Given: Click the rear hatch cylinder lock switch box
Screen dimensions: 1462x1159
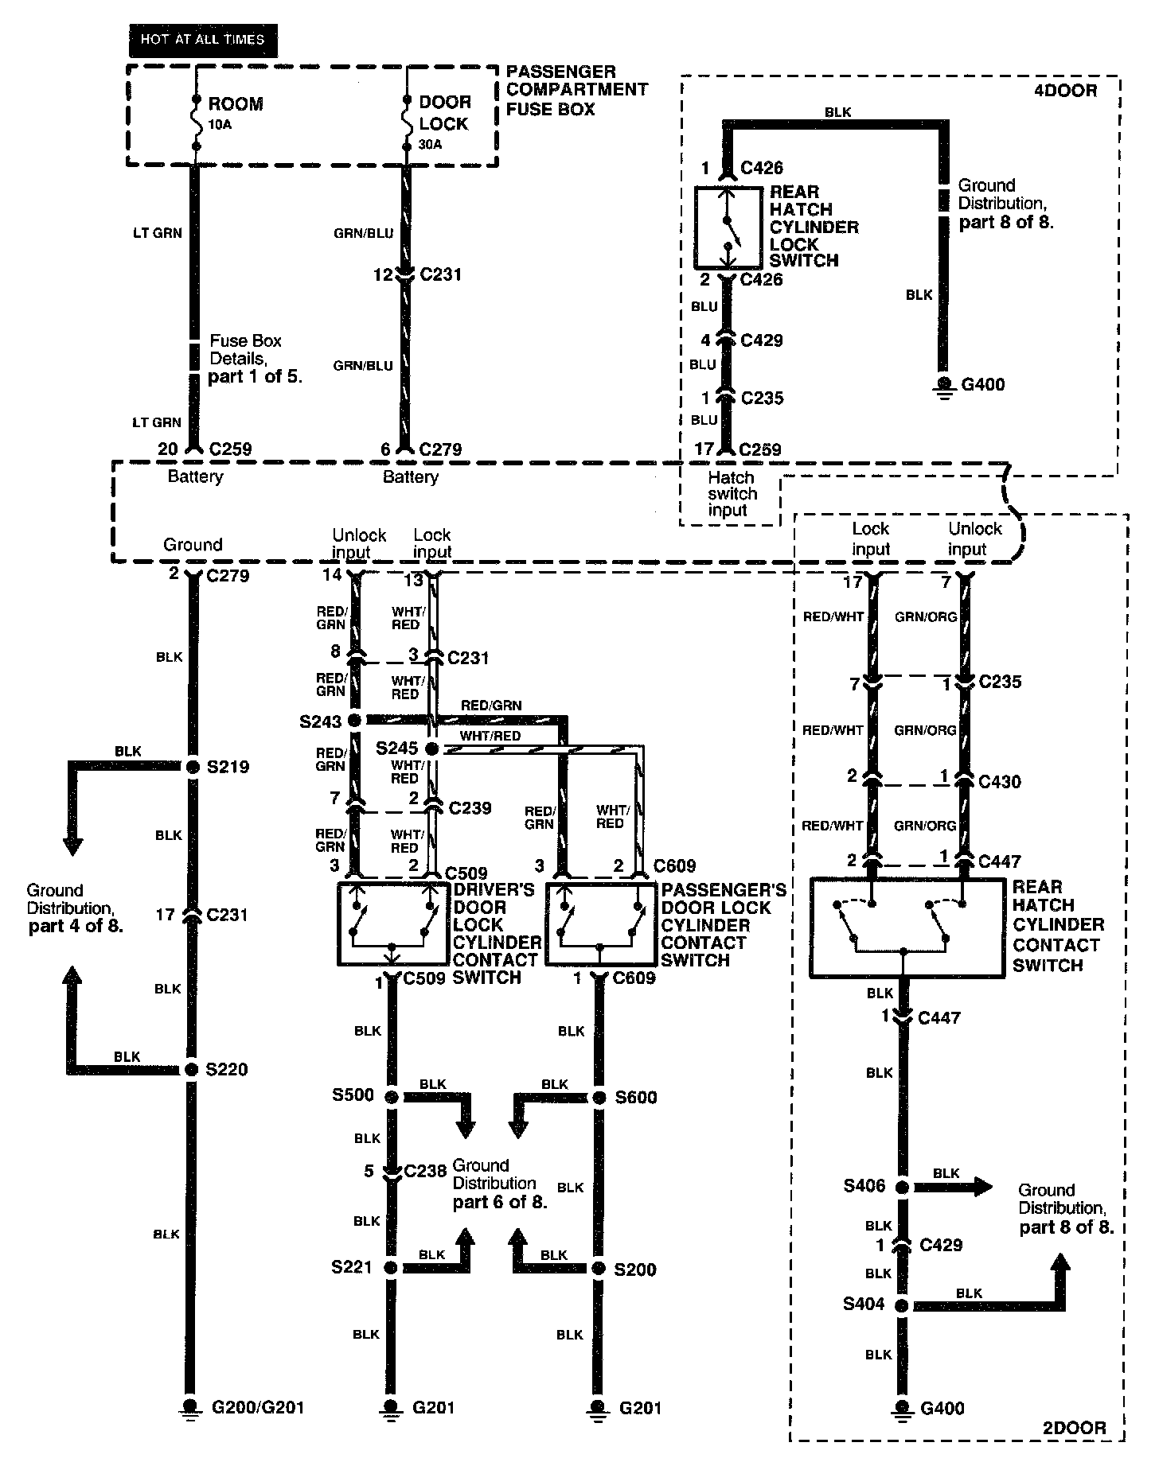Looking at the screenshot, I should pyautogui.click(x=728, y=227).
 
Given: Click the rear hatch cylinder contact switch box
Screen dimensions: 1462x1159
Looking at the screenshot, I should pyautogui.click(x=907, y=927).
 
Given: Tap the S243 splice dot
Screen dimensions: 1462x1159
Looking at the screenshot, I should pyautogui.click(x=355, y=721).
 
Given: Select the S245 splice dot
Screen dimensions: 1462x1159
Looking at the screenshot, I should pyautogui.click(x=431, y=749).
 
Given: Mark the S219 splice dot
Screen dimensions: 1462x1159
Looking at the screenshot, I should pyautogui.click(x=192, y=767).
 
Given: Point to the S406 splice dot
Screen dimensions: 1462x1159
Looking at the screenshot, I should pyautogui.click(x=902, y=1188).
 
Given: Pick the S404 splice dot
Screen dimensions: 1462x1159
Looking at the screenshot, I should pyautogui.click(x=902, y=1305).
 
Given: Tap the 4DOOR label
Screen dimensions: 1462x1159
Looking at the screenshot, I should pyautogui.click(x=1065, y=90).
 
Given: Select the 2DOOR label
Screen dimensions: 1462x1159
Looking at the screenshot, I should pyautogui.click(x=1075, y=1428).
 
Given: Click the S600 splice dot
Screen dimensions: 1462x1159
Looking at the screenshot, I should pyautogui.click(x=599, y=1098).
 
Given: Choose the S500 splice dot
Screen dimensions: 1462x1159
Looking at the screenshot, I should pyautogui.click(x=391, y=1097).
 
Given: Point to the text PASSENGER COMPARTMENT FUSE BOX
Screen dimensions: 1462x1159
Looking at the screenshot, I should pyautogui.click(x=576, y=90).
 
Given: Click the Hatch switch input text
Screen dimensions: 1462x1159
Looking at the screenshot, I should pyautogui.click(x=732, y=494).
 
